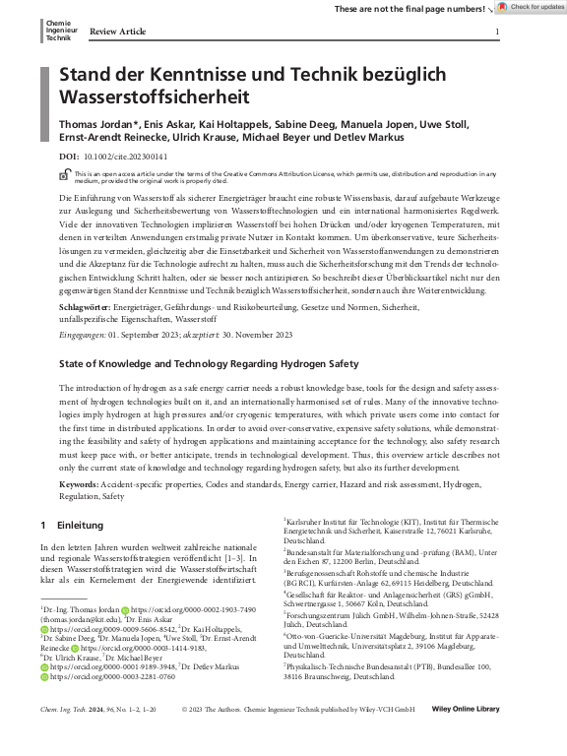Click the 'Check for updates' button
click(531, 8)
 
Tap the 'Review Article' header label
click(117, 32)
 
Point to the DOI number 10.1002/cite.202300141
click(125, 156)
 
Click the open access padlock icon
click(66, 175)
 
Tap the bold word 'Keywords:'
click(79, 485)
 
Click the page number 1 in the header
click(497, 32)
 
